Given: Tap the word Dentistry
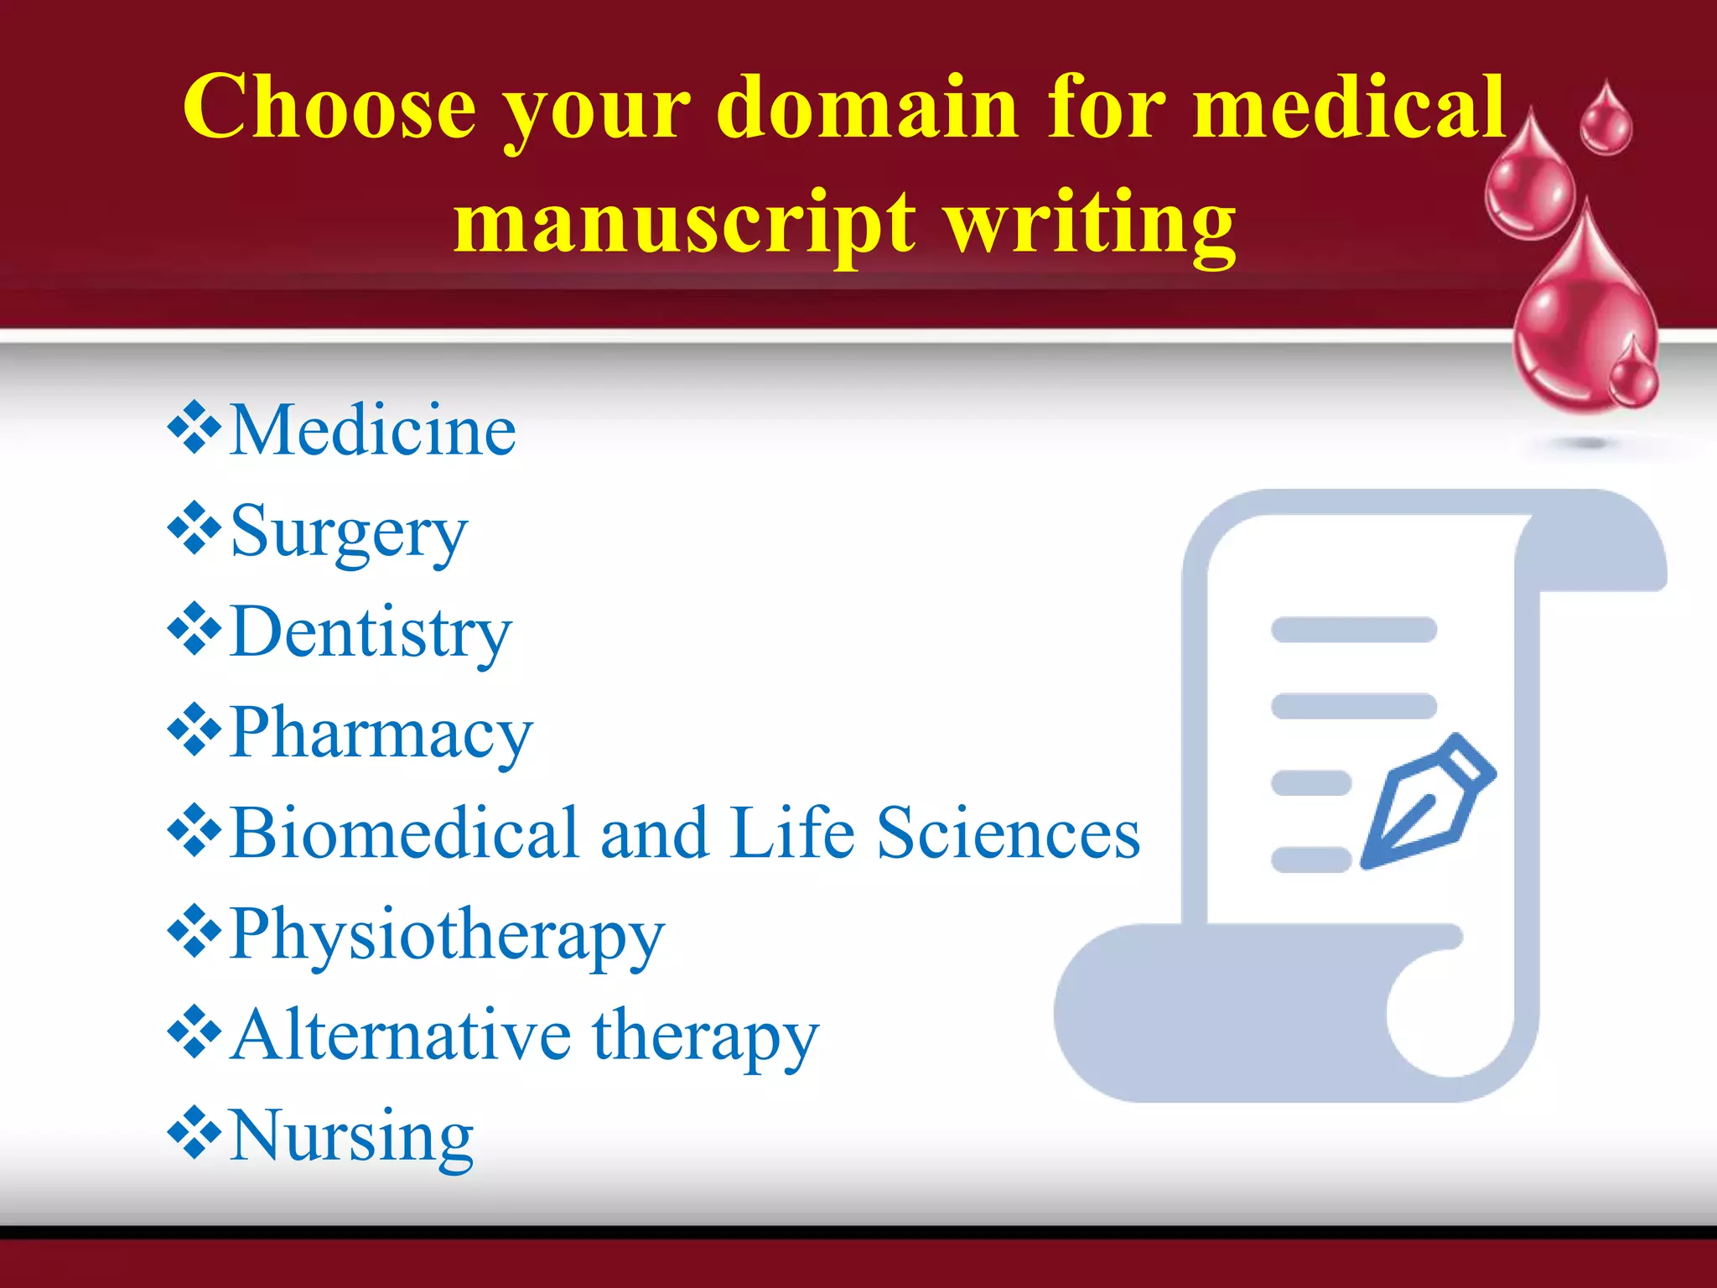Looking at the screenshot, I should click(370, 632).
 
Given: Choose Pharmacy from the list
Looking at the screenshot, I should click(381, 733).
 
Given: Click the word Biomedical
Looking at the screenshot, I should click(405, 834).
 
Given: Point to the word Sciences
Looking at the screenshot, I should click(1009, 834).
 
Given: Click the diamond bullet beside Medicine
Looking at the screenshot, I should click(195, 428).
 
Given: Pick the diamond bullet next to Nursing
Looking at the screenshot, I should click(195, 1134).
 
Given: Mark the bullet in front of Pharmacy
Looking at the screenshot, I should click(195, 730).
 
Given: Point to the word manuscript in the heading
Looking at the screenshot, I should click(684, 221).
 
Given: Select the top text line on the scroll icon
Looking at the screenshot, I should click(1354, 630).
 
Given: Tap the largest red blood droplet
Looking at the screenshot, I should click(1580, 319).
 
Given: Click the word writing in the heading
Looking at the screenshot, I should click(1090, 221).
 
